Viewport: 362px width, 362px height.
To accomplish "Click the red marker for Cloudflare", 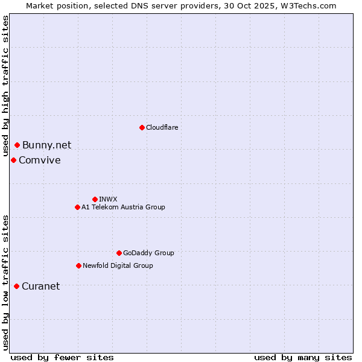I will pos(142,127).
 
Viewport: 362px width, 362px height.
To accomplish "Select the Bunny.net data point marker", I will pos(17,145).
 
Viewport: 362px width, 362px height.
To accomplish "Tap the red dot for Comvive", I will pos(13,160).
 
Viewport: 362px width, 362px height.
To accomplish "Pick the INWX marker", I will pos(95,199).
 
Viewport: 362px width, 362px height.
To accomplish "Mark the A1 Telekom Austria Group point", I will pos(77,207).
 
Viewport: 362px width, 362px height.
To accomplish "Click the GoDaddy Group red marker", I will pos(119,253).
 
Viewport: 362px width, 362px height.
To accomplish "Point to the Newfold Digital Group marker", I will pos(78,265).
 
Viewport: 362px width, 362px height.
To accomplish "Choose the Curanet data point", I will pos(16,286).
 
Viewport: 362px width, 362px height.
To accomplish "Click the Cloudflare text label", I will pos(162,127).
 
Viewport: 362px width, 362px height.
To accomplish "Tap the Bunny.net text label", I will pos(46,145).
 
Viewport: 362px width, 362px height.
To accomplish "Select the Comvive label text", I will pos(39,160).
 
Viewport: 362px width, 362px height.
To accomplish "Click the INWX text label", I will pos(108,199).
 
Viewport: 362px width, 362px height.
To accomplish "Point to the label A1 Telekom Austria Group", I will pos(123,207).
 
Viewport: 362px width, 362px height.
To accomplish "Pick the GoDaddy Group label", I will pos(148,253).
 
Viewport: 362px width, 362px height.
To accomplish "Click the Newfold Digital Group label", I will pos(118,265).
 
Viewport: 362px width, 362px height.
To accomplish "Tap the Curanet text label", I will pos(40,286).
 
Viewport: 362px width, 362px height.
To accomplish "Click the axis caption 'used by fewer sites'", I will pos(62,357).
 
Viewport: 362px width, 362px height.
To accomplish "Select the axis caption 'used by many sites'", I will pos(303,357).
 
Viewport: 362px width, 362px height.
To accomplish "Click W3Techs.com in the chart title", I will pos(306,5).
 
